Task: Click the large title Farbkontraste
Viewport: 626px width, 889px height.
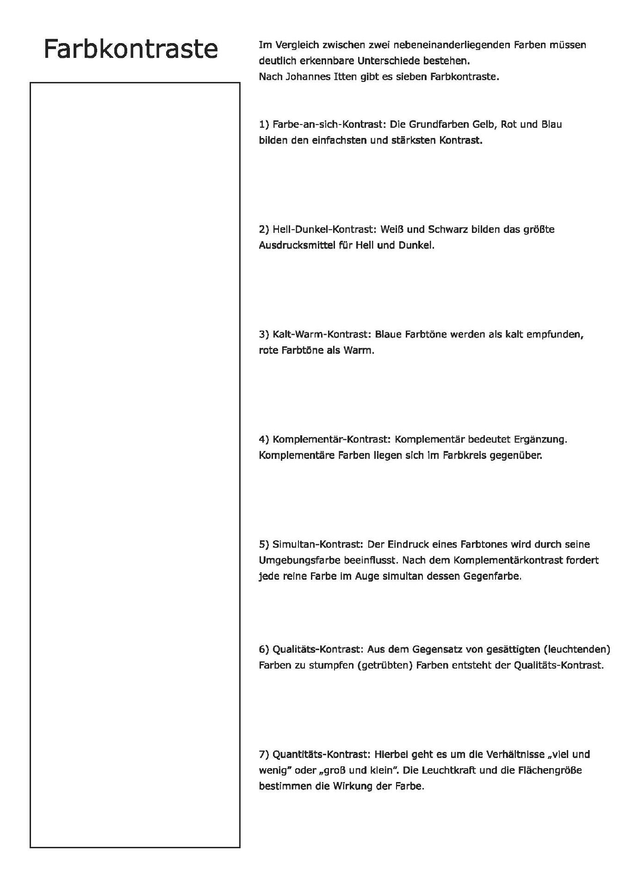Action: tap(130, 49)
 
